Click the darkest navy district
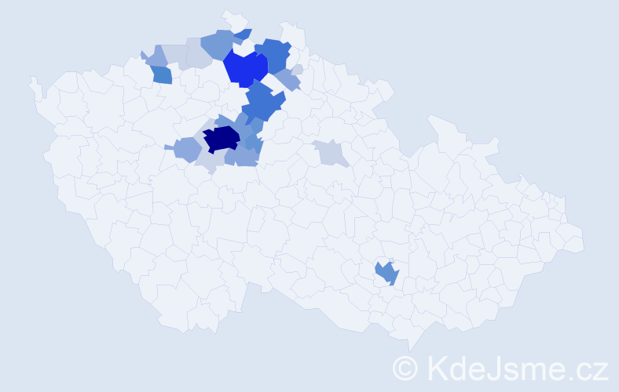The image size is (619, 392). point(221,139)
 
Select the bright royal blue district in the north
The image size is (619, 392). point(246,67)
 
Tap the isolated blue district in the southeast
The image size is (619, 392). point(386,273)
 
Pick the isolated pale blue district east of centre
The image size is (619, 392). point(331,152)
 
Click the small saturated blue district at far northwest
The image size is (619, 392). point(161,74)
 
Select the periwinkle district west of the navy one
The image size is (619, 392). point(188,148)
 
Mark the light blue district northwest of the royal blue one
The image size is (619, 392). point(220,44)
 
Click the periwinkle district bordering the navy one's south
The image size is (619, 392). point(240,157)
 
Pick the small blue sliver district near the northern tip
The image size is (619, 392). point(244,34)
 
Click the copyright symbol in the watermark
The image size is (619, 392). point(405,367)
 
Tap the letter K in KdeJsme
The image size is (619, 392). point(437,367)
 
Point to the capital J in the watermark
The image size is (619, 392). point(496,367)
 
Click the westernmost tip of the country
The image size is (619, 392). point(31,79)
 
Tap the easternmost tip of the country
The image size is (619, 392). point(584,240)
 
